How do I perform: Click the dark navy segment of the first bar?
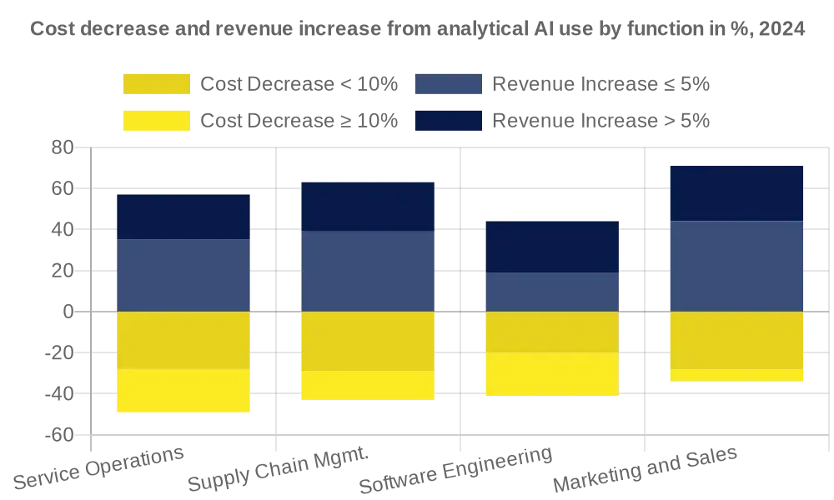183,217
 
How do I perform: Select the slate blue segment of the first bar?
183,275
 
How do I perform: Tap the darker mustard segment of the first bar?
183,340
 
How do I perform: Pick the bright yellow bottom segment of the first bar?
183,390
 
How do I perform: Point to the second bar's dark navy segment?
368,206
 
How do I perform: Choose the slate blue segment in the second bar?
368,271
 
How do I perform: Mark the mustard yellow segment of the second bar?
368,341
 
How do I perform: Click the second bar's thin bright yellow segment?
368,385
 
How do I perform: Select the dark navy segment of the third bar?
552,247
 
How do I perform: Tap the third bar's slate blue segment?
552,292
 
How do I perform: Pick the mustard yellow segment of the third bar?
552,332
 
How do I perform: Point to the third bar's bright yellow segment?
552,374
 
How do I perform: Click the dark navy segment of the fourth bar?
736,192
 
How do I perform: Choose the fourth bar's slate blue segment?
736,266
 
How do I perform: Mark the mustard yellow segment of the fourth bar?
736,339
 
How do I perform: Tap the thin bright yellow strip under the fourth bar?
736,376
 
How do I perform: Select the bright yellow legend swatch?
156,121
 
